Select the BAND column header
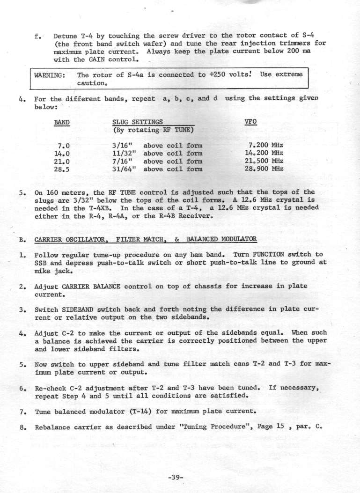(x=62, y=122)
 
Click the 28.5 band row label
(x=62, y=168)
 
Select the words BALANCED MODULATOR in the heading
(x=223, y=240)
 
